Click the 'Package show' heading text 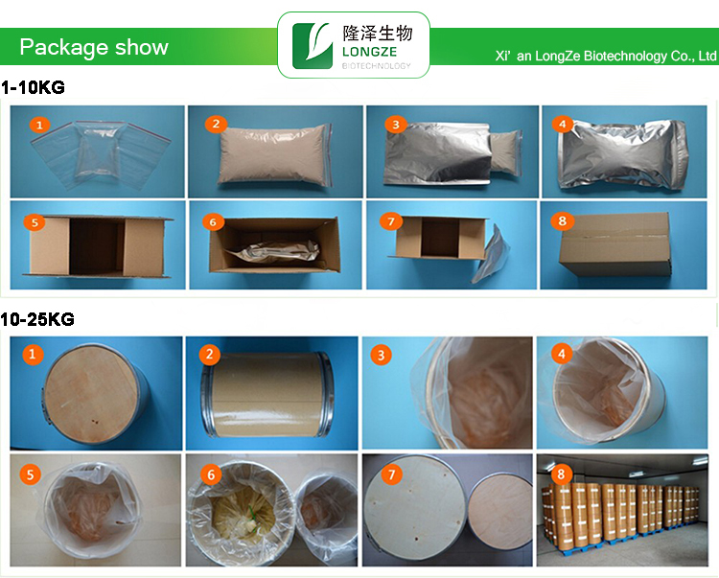click(93, 48)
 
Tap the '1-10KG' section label click(33, 87)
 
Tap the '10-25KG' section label click(37, 319)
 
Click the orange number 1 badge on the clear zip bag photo click(38, 124)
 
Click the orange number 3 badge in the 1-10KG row click(394, 124)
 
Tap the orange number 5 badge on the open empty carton click(35, 222)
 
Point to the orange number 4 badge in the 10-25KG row click(561, 356)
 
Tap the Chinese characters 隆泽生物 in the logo click(376, 34)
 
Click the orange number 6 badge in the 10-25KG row click(210, 473)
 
